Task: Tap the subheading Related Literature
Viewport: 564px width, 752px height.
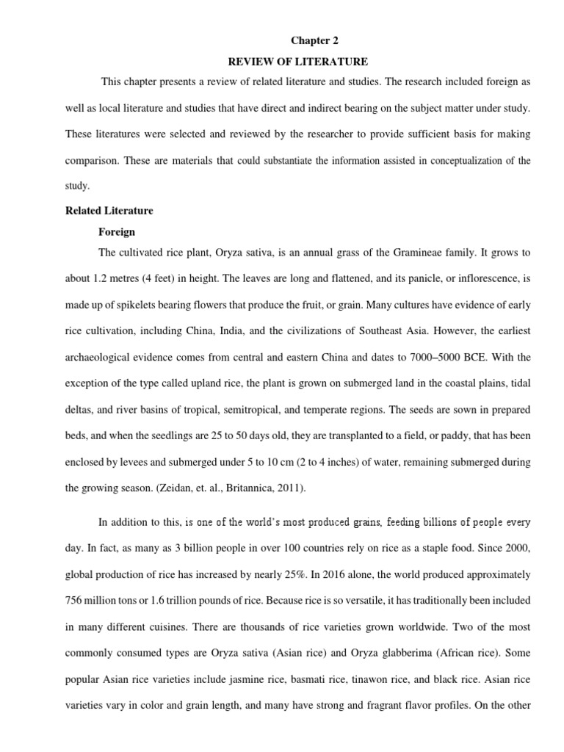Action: (x=109, y=211)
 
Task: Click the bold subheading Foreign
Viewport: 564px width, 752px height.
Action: (x=117, y=231)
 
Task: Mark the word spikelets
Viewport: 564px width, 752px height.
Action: (x=134, y=304)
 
